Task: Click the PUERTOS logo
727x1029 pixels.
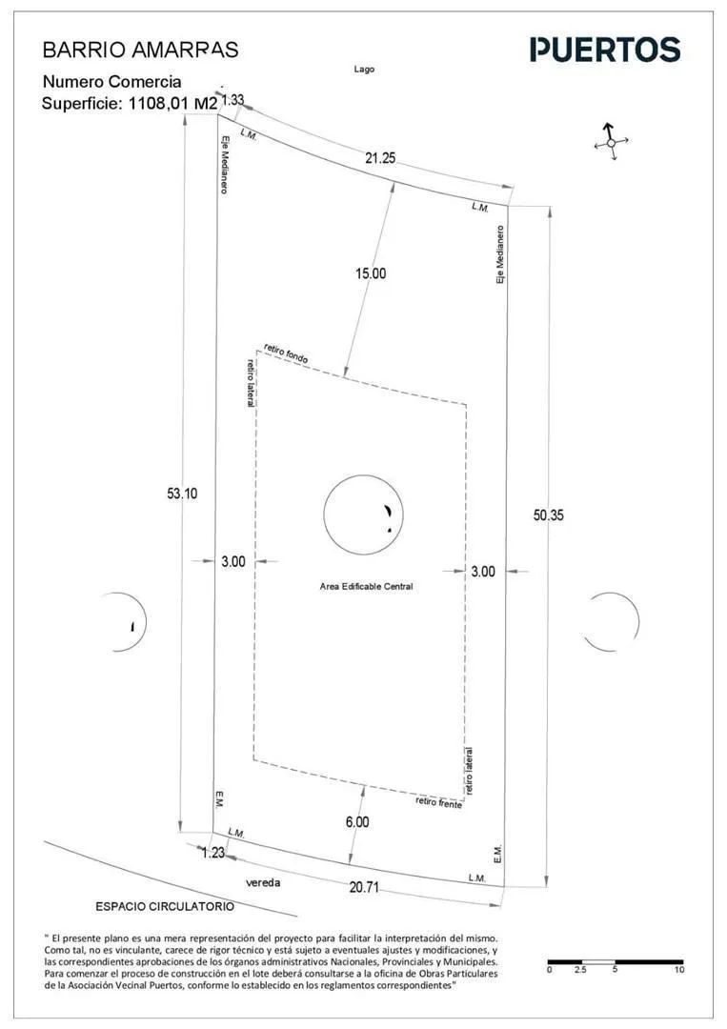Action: coord(605,50)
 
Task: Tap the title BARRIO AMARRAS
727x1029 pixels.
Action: coord(140,50)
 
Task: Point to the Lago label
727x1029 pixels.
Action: coord(364,69)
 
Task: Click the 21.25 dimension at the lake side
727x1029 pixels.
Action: coord(380,157)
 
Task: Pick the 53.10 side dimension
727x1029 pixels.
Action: coord(182,494)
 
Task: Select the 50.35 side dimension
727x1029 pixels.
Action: coord(548,515)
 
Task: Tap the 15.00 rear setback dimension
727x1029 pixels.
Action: coord(371,273)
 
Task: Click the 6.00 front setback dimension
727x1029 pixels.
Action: coord(357,821)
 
